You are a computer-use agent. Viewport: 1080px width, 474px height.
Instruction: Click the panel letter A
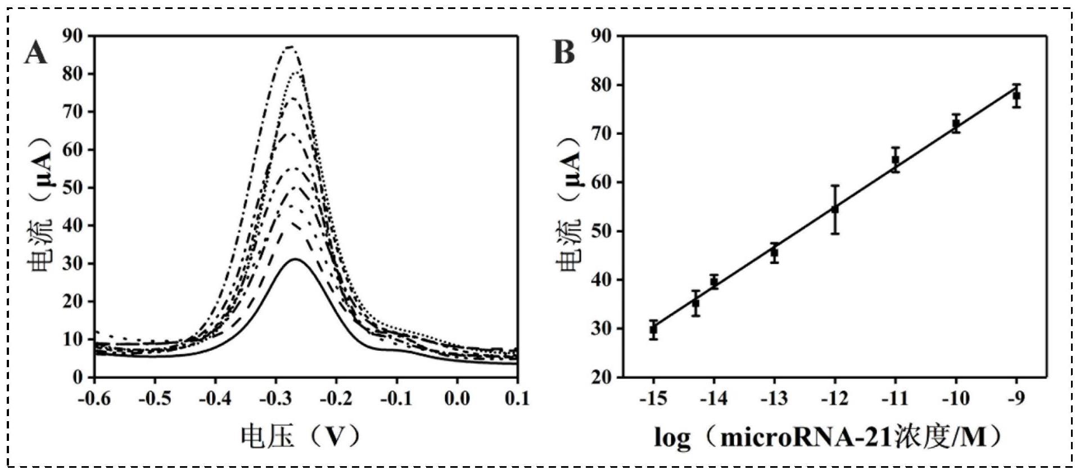point(36,54)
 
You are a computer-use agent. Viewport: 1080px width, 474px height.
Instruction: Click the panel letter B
point(564,52)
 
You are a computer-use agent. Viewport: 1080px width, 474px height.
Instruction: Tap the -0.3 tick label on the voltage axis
point(275,399)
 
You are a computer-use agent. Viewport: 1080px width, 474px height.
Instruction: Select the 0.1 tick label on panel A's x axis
point(517,399)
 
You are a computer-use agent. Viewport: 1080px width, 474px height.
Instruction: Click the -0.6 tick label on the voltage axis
point(94,399)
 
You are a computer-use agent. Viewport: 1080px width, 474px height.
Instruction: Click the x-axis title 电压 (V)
point(301,435)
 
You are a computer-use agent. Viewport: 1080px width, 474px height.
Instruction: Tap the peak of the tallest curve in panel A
point(290,47)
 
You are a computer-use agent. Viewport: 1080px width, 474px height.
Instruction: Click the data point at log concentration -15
point(653,330)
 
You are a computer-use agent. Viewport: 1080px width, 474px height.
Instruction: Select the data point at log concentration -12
point(835,209)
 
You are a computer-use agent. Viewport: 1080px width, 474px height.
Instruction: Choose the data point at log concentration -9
point(1016,96)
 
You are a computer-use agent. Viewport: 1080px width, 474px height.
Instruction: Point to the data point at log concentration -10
point(956,124)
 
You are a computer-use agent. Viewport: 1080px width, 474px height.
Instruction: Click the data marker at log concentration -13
point(774,252)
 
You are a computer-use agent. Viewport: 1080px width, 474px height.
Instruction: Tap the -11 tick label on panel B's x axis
point(895,399)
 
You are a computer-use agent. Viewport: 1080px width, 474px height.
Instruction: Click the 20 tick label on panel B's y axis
point(602,377)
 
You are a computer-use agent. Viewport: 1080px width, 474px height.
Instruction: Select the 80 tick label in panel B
point(602,85)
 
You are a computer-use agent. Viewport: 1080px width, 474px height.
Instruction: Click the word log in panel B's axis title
point(672,437)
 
